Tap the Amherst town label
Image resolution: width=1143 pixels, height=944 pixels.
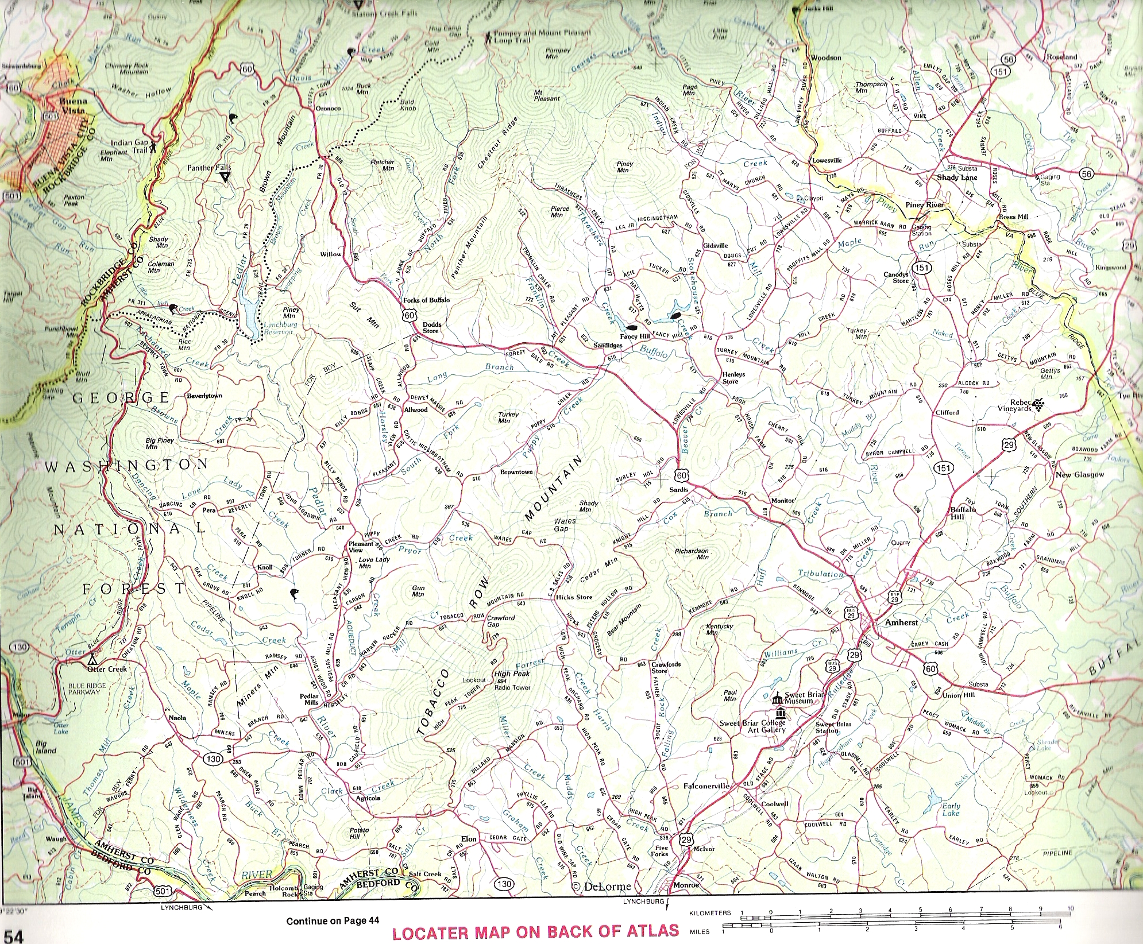(x=901, y=622)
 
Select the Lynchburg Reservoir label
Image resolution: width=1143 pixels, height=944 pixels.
(x=280, y=328)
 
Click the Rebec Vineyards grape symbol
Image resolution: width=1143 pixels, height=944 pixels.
(x=1038, y=405)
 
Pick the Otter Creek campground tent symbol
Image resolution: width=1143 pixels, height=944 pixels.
(x=92, y=659)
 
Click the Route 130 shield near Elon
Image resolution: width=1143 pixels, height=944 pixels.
(x=504, y=883)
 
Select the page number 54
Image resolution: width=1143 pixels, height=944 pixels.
(x=13, y=935)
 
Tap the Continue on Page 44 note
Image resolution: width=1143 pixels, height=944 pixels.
(x=333, y=921)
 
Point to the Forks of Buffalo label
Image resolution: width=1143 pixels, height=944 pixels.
(x=426, y=300)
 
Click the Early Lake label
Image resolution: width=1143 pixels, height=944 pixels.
(x=951, y=809)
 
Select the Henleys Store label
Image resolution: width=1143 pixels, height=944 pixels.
(x=733, y=377)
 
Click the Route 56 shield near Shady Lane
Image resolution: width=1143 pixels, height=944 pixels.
(x=1086, y=174)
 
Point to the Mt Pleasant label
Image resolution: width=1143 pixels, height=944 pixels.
(x=546, y=95)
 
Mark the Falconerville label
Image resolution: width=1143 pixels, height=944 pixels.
(x=706, y=786)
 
